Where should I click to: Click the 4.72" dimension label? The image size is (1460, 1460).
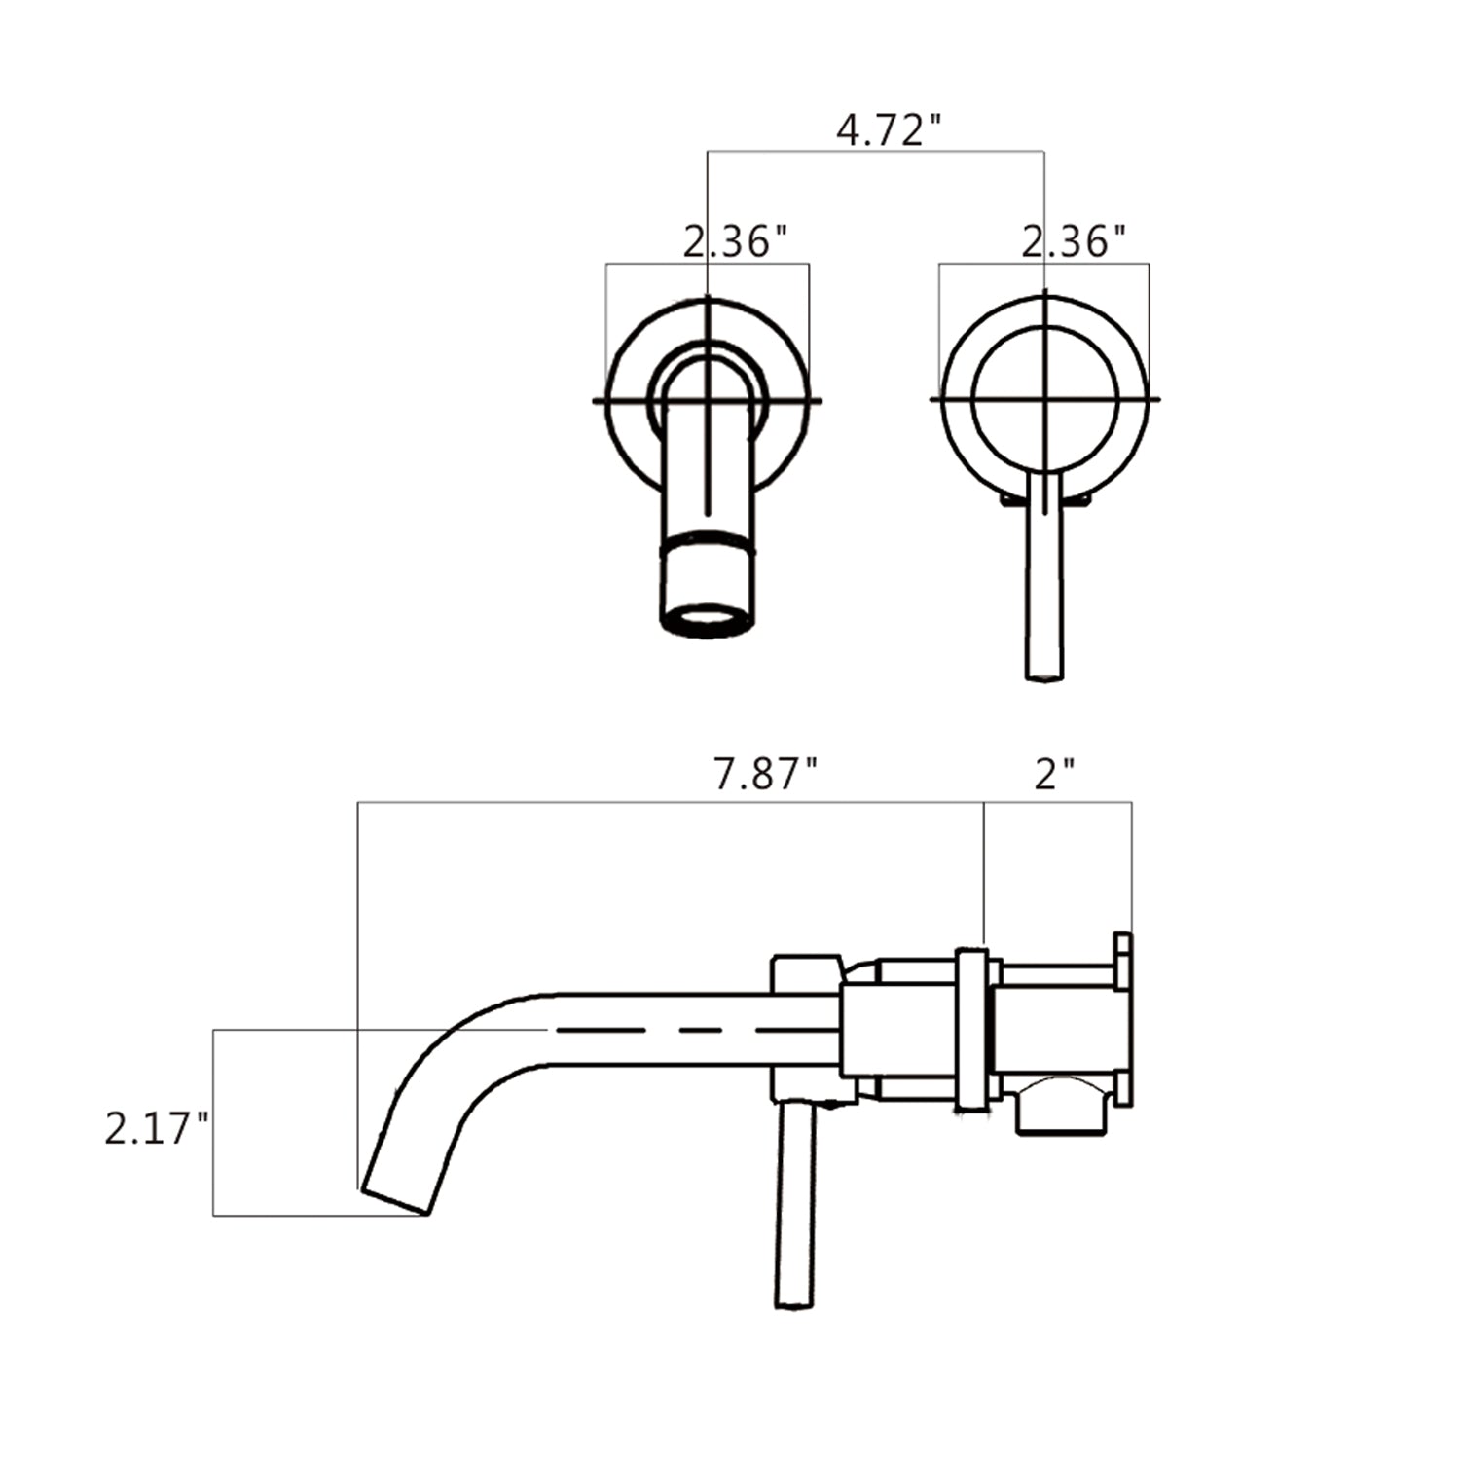click(890, 130)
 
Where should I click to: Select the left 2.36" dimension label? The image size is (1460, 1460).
click(735, 240)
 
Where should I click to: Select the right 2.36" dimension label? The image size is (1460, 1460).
click(1074, 240)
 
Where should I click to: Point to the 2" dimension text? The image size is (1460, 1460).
click(1054, 776)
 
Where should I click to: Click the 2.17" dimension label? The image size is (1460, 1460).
click(157, 1130)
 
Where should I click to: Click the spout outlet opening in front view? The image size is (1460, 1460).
click(708, 620)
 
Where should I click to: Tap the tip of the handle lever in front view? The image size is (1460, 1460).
click(1043, 672)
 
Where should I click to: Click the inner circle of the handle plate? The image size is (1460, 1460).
click(1044, 399)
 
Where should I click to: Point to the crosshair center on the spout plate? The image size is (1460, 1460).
click(708, 400)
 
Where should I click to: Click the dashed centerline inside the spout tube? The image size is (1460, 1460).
click(681, 1029)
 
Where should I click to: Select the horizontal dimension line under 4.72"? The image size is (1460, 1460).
click(876, 151)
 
